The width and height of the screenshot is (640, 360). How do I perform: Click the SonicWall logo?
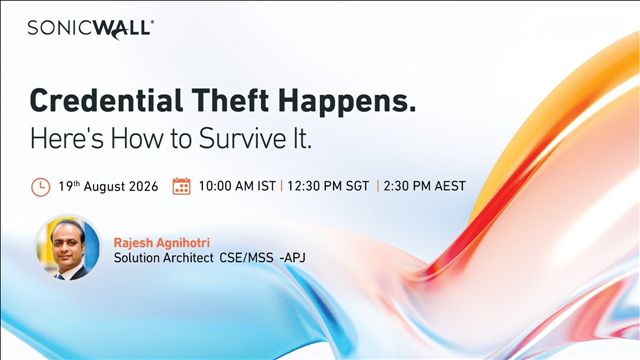pyautogui.click(x=91, y=29)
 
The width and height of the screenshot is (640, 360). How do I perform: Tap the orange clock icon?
pyautogui.click(x=41, y=187)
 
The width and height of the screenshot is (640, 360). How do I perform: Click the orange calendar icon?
pyautogui.click(x=181, y=186)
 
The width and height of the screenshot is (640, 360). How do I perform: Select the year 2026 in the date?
pyautogui.click(x=143, y=187)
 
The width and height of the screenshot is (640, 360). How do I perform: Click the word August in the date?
pyautogui.click(x=104, y=187)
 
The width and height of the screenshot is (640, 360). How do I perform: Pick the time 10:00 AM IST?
pyautogui.click(x=237, y=186)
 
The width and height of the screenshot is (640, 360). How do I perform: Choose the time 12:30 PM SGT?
pyautogui.click(x=328, y=186)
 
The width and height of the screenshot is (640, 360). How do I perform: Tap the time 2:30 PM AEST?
pyautogui.click(x=424, y=186)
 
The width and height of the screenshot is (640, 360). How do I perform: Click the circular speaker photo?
pyautogui.click(x=68, y=247)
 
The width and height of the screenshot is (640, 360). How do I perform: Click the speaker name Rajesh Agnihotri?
pyautogui.click(x=162, y=243)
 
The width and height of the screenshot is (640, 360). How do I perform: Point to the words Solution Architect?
pyautogui.click(x=163, y=258)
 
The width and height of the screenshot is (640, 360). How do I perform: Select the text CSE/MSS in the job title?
pyautogui.click(x=247, y=258)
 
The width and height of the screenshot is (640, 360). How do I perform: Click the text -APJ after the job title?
pyautogui.click(x=292, y=258)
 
